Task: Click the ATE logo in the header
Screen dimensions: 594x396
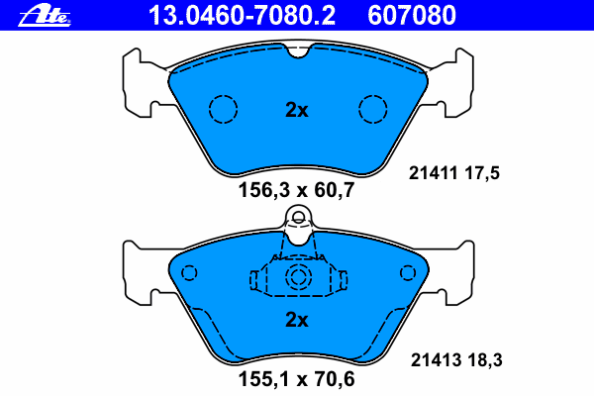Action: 45,16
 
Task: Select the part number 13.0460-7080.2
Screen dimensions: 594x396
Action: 242,16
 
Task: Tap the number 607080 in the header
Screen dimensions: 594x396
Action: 412,16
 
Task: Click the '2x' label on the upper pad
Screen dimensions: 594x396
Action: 297,110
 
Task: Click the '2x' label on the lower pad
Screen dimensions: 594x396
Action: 297,320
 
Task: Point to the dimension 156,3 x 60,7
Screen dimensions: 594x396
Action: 296,190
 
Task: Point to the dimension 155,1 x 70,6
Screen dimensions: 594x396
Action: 296,379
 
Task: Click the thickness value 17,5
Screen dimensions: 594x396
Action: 482,173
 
